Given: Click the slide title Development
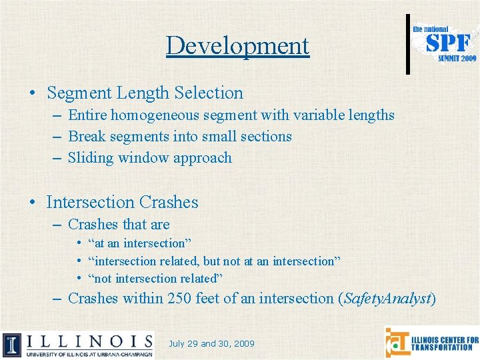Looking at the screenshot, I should (238, 45).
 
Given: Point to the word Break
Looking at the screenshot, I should (86, 137).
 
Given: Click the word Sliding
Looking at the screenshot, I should (90, 158).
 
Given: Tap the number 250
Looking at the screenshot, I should (179, 298).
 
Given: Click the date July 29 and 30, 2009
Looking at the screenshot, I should (212, 344).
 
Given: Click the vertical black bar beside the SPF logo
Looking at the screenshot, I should (408, 43).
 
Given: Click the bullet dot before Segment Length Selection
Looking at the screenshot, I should (32, 93).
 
